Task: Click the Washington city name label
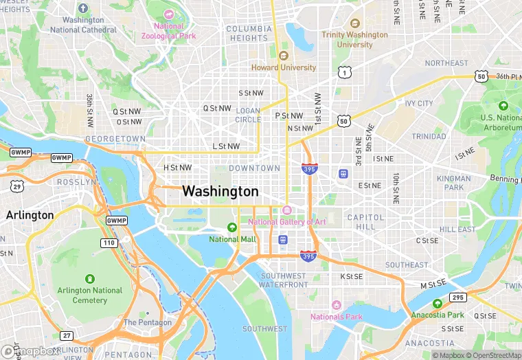point(220,191)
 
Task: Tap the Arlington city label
point(30,215)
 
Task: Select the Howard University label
point(283,67)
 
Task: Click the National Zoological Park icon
point(169,14)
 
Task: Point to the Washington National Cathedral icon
point(83,9)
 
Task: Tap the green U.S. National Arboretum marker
point(503,106)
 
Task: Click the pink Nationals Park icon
point(336,305)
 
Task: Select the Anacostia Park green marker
point(438,304)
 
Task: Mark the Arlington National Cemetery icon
point(89,278)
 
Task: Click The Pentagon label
point(147,322)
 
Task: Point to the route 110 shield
point(108,243)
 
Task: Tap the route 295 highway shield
point(457,297)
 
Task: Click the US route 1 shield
point(344,72)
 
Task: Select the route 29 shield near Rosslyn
point(16,187)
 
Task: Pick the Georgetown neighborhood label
point(115,139)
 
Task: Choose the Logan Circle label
point(248,115)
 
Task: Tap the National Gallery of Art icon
point(287,210)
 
